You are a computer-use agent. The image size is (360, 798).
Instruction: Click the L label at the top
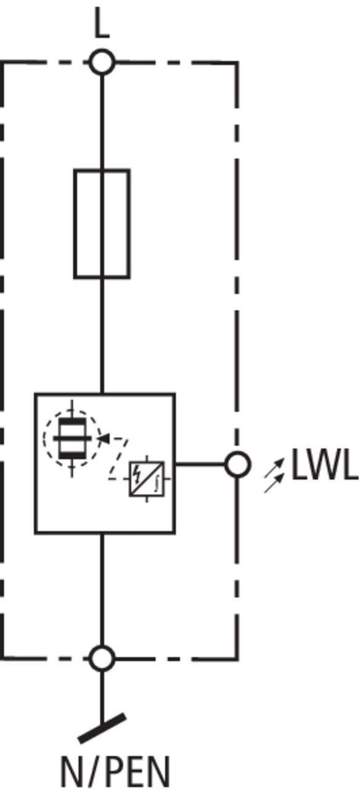pos(102,23)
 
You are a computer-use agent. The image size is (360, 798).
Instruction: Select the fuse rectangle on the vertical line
pos(102,224)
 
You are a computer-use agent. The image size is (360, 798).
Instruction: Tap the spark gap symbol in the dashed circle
pos(72,438)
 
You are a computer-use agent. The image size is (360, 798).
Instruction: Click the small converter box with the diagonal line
pos(147,479)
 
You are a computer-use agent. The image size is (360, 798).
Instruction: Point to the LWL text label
pos(325,464)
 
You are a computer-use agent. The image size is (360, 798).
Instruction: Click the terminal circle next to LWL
pos(237,464)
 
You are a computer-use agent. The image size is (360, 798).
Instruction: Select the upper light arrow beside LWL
pos(274,467)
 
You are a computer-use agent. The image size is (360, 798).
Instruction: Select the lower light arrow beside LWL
pos(274,483)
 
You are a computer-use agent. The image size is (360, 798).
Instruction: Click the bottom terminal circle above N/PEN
pos(102,658)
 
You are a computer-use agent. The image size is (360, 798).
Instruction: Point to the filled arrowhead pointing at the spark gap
pos(104,438)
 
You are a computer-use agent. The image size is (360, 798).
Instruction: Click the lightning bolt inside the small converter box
pos(136,473)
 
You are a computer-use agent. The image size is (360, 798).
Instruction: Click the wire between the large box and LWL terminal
pos(200,464)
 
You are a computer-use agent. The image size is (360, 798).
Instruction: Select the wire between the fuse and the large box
pos(102,335)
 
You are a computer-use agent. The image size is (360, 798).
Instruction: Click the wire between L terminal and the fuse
pos(102,122)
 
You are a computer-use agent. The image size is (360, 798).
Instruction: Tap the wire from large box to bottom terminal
pos(102,589)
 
